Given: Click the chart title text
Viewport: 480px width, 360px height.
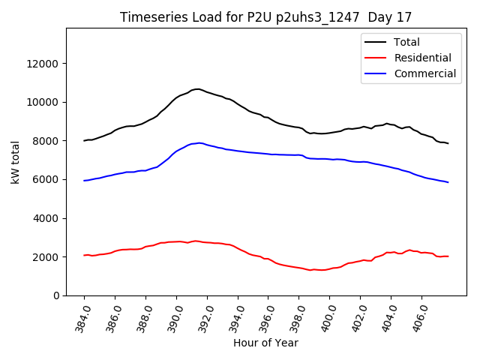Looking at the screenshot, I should tap(265, 17).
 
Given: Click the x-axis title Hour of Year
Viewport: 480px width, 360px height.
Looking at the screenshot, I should tap(265, 343).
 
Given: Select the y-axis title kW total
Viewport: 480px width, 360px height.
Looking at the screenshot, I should tap(15, 161).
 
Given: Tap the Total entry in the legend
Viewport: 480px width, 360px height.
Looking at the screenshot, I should tap(406, 42).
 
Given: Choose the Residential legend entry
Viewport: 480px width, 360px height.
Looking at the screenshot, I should tap(422, 58).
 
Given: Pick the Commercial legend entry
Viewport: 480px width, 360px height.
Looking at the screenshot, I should tap(424, 73).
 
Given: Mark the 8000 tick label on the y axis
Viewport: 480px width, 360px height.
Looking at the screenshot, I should tap(46, 141).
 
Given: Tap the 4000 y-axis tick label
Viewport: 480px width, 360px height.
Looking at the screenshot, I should tap(46, 218).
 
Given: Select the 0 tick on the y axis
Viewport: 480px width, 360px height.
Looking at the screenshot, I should tap(56, 295).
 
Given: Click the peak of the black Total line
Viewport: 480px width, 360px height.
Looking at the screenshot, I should tap(196, 88).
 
